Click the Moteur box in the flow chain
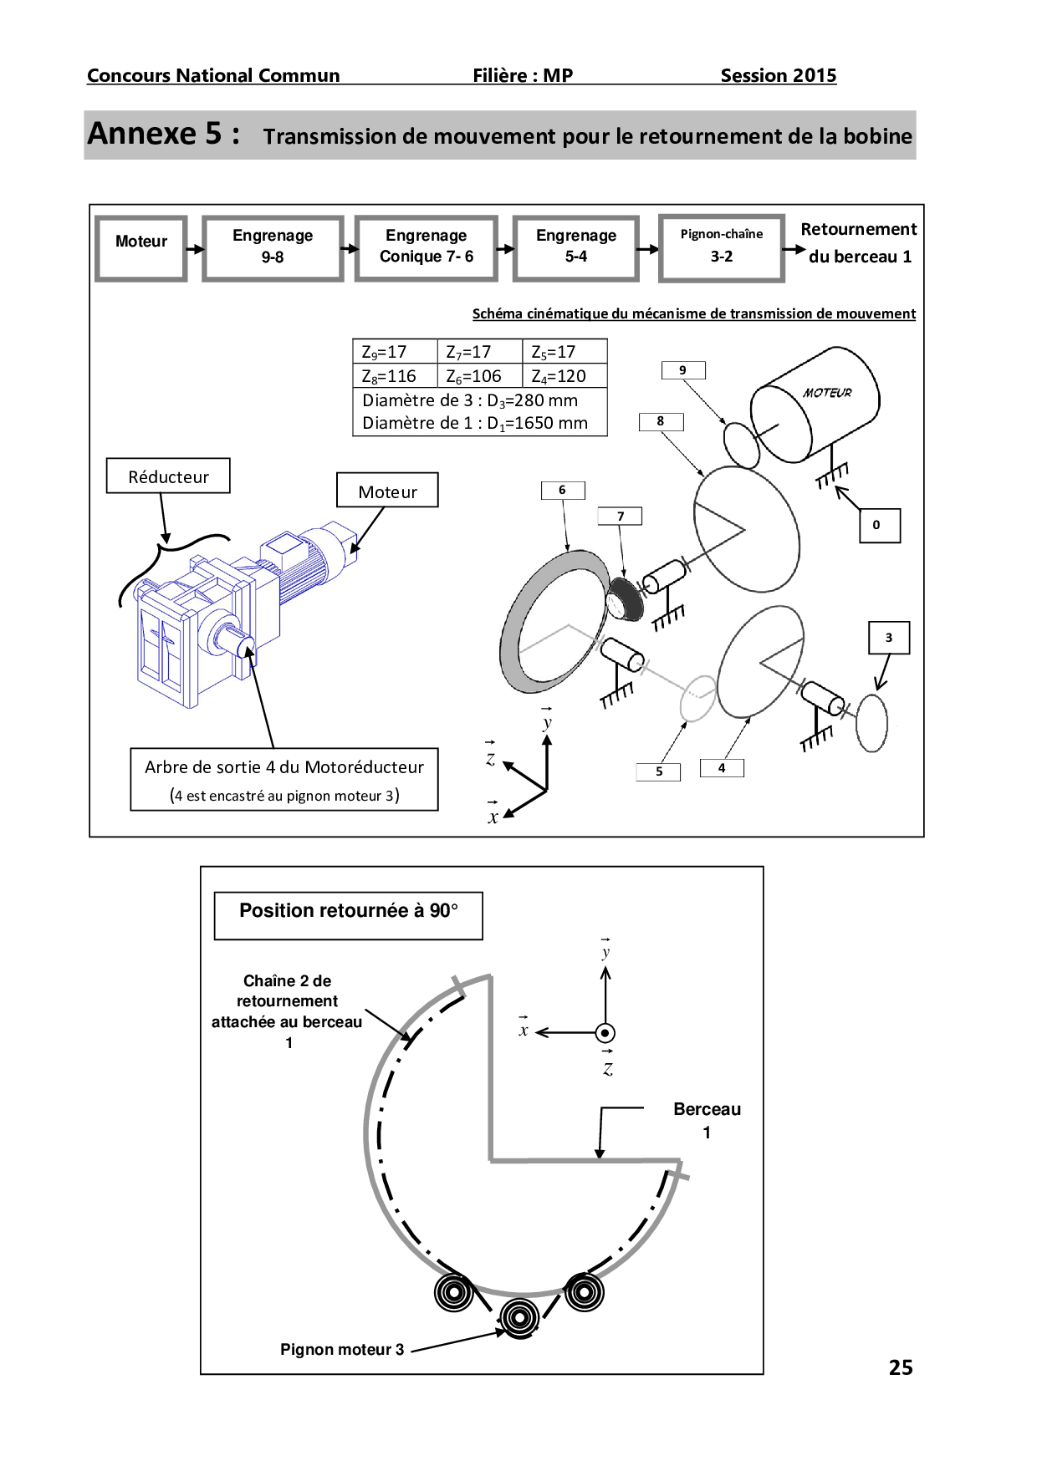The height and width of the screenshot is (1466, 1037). point(140,247)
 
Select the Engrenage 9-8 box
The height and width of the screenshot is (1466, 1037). point(273,247)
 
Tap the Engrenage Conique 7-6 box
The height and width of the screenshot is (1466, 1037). point(426,247)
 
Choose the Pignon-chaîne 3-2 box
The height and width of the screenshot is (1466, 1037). point(721,247)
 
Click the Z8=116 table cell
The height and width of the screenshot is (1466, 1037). point(394,376)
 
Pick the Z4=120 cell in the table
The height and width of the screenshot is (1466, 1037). point(564,376)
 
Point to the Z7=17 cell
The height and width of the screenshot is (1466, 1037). point(478,352)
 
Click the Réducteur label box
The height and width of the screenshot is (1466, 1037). point(168,476)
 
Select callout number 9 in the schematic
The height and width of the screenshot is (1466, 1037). point(683,370)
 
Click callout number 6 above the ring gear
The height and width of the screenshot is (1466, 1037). point(563,490)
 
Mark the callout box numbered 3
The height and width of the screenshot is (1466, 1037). point(889,638)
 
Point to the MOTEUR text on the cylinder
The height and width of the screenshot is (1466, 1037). point(827,392)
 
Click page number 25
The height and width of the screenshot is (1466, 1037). point(900,1367)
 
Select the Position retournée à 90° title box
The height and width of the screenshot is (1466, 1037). point(348,915)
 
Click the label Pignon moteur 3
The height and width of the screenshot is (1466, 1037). point(342,1349)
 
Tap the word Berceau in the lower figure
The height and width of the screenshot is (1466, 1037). point(707,1109)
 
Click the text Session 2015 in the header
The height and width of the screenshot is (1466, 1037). point(778,76)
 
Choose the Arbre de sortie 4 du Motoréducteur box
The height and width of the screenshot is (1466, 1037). point(284,779)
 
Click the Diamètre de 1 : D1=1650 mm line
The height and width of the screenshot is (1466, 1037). point(475,424)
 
